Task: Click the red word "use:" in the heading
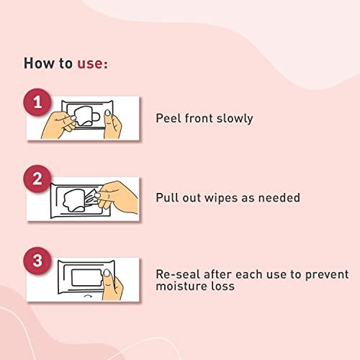(92, 63)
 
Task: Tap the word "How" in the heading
(39, 63)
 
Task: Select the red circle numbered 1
(37, 102)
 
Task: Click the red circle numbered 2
(37, 179)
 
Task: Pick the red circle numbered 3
(37, 261)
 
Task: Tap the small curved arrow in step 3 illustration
(87, 296)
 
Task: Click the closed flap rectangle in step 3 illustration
(87, 278)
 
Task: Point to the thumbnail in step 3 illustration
(107, 273)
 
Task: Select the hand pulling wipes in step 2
(117, 197)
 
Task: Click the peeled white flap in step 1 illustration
(84, 116)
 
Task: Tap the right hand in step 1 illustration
(112, 125)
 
